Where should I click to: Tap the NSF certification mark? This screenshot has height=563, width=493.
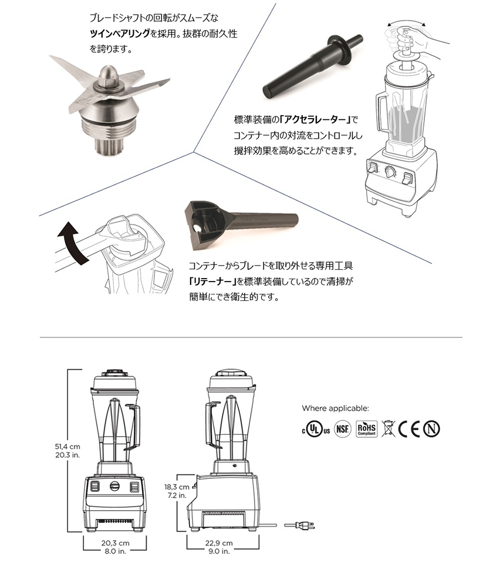(343, 428)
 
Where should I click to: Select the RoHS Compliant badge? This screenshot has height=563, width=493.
(366, 428)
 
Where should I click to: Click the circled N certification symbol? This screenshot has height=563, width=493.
(433, 428)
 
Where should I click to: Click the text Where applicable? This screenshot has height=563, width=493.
(335, 408)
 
